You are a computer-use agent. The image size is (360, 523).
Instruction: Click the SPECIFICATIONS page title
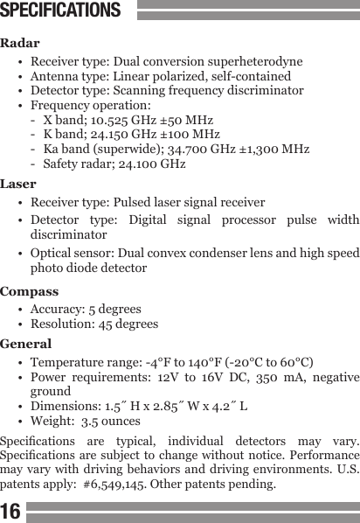[60, 11]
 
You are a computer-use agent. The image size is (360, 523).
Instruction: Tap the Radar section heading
[20, 43]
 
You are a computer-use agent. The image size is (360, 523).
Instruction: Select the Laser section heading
[19, 185]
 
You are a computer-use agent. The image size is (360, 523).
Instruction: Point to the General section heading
[26, 344]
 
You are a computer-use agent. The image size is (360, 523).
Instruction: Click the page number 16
[11, 510]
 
